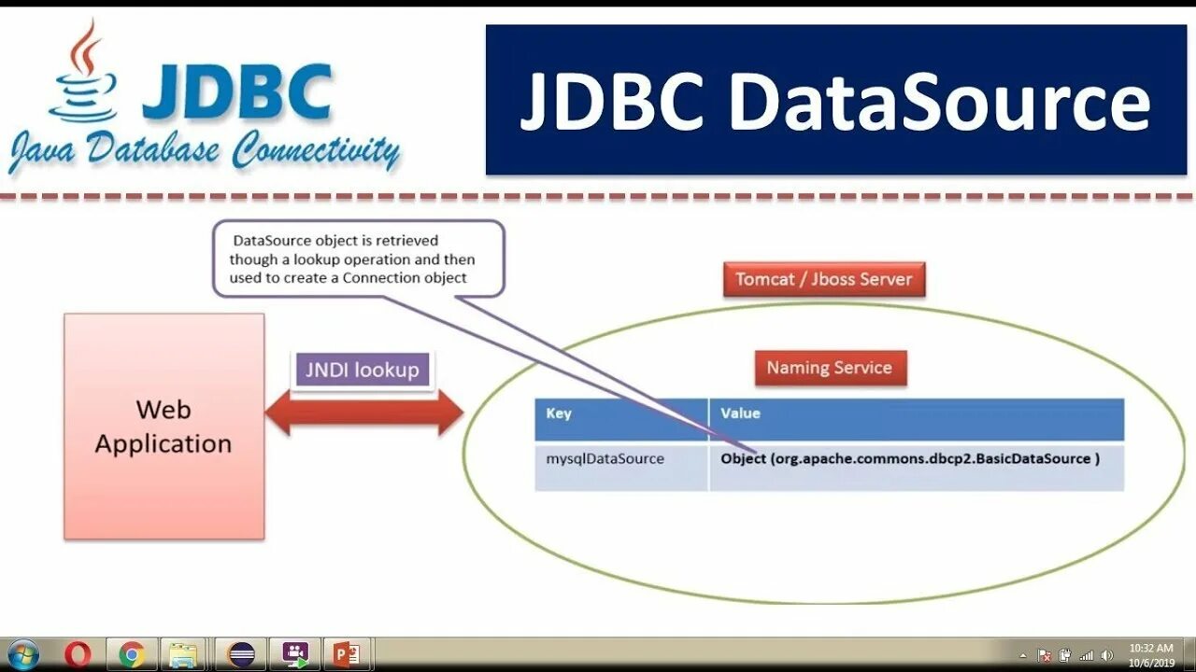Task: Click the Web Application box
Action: pyautogui.click(x=164, y=426)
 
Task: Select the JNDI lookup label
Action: pyautogui.click(x=363, y=370)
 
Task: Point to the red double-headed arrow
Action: pyautogui.click(x=364, y=413)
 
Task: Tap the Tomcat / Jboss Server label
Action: pyautogui.click(x=823, y=279)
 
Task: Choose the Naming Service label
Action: pyautogui.click(x=830, y=368)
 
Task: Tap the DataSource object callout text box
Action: pyautogui.click(x=358, y=259)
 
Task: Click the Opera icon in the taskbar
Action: pyautogui.click(x=78, y=654)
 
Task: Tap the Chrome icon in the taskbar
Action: pyautogui.click(x=132, y=654)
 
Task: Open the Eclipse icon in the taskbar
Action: pyautogui.click(x=241, y=654)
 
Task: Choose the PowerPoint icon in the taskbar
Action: pyautogui.click(x=347, y=654)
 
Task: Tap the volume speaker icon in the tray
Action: pyautogui.click(x=1107, y=655)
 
